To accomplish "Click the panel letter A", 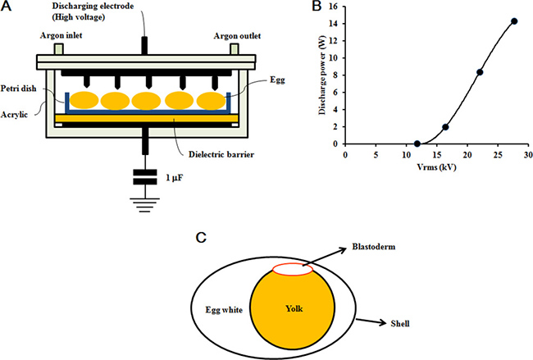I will click(7, 7).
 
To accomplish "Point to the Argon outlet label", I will click(239, 35).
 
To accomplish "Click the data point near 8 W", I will click(480, 72).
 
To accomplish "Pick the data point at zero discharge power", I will click(417, 144).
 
